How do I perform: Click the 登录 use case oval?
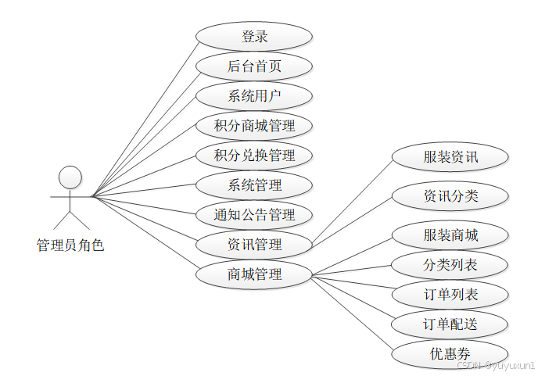click(x=254, y=37)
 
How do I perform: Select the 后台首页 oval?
click(x=254, y=66)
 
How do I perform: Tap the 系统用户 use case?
click(x=254, y=96)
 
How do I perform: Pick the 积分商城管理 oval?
click(x=254, y=126)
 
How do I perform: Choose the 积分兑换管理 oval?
click(x=254, y=156)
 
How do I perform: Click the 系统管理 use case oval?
click(x=254, y=185)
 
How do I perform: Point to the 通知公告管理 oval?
click(x=254, y=215)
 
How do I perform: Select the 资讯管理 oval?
click(x=254, y=245)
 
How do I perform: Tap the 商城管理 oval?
click(x=254, y=274)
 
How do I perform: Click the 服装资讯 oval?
click(x=450, y=157)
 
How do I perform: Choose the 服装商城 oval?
click(x=450, y=235)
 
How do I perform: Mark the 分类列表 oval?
click(x=450, y=265)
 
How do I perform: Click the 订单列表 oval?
click(x=450, y=295)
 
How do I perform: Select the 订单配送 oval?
click(x=450, y=324)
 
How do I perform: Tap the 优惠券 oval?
click(x=450, y=354)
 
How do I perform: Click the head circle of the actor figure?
click(x=70, y=177)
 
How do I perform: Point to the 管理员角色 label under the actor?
click(x=70, y=245)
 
